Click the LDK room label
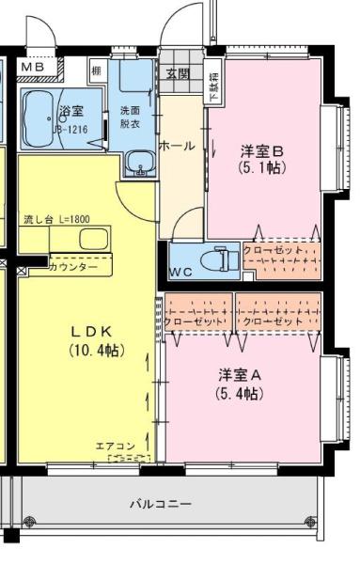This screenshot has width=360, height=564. coord(93,332)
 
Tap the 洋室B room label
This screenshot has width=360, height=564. coord(261,150)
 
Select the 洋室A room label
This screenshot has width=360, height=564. coord(240,374)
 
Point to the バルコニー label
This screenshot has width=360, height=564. coord(160,504)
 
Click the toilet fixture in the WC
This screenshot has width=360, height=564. coord(220,258)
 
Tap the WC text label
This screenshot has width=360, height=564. coord(181,273)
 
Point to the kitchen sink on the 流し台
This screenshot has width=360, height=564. coord(93,239)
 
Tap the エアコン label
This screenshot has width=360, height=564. coord(116,446)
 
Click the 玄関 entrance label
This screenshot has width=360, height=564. coord(178,73)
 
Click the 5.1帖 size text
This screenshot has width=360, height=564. coord(261,168)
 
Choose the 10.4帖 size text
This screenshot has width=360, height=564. coord(93,350)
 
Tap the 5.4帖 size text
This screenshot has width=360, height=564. coord(240,393)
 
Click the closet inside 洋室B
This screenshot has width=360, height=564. coord(279,260)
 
